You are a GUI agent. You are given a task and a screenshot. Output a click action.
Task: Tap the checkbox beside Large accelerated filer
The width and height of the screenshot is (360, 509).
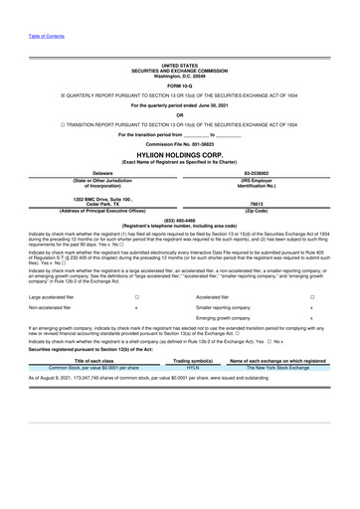(136, 297)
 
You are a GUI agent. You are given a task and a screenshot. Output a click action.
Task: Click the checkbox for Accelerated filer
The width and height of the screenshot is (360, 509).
(312, 297)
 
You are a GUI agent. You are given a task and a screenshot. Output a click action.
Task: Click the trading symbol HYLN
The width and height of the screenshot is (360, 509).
(194, 367)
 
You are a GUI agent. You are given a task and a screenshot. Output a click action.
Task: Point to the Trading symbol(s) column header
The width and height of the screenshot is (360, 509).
(194, 360)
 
